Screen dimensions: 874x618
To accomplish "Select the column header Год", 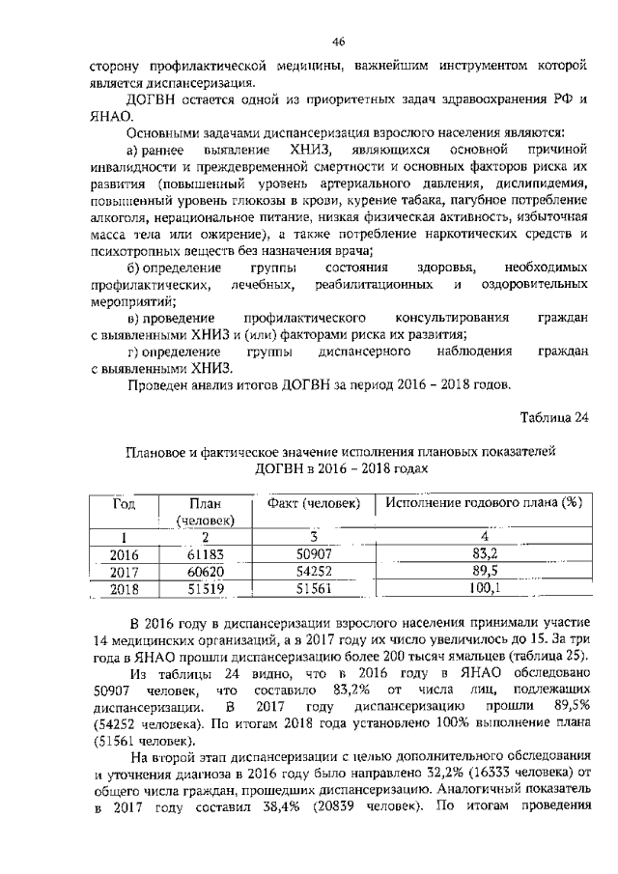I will click(x=124, y=503).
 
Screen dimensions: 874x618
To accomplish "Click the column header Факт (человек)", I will click(x=308, y=503).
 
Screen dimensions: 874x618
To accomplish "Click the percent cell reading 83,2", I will click(x=484, y=553).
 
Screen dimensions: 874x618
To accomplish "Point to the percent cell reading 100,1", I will click(x=484, y=587).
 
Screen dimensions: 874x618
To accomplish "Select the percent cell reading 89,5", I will click(x=484, y=571).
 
